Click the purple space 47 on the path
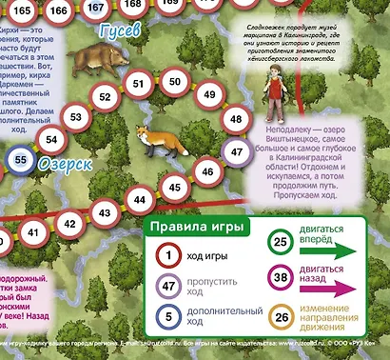236,151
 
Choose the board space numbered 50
174,82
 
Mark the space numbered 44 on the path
141,201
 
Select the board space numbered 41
33,231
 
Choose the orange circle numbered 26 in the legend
281,318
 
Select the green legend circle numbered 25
281,242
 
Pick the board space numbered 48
235,120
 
